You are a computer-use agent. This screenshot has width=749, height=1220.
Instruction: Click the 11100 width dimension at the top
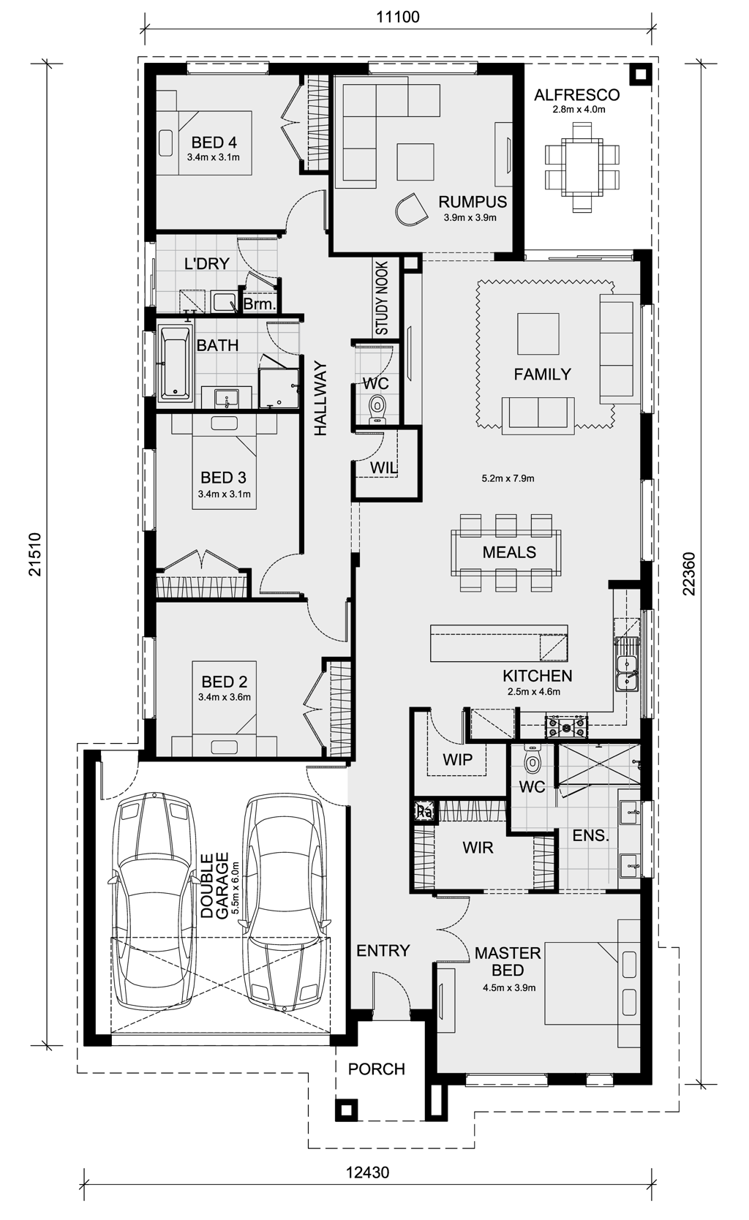(x=398, y=17)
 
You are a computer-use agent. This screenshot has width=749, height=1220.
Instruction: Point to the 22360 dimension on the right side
(x=688, y=574)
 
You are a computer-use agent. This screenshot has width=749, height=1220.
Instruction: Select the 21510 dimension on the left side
(x=37, y=554)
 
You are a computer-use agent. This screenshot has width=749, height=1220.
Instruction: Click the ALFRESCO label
(x=577, y=95)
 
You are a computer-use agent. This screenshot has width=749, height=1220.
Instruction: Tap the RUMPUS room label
(x=473, y=202)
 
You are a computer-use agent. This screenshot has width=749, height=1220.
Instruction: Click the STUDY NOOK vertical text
(x=382, y=298)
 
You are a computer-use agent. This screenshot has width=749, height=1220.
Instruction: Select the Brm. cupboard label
(x=259, y=304)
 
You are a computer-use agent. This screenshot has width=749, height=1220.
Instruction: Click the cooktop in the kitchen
(x=567, y=726)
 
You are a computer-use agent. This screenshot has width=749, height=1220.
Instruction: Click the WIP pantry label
(x=458, y=759)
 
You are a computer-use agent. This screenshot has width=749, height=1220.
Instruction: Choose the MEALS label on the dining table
(x=509, y=552)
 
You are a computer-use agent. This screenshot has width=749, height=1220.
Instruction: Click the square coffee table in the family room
(x=538, y=334)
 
